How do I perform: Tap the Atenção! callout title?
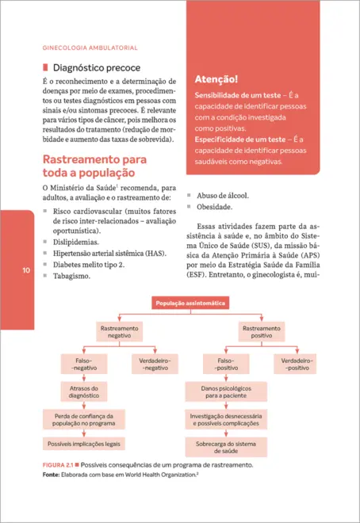point(216,78)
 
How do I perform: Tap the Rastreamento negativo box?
point(119,332)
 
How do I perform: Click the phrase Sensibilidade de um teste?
point(235,95)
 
